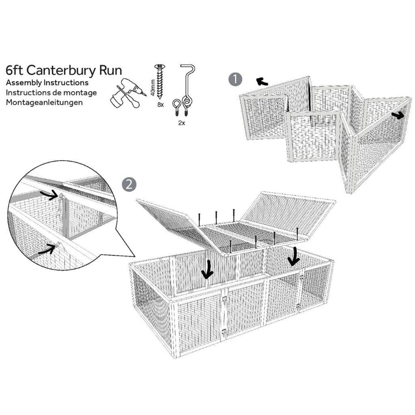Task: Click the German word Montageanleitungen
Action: tap(44, 102)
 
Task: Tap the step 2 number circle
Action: tap(128, 184)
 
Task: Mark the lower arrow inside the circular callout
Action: tap(47, 249)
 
